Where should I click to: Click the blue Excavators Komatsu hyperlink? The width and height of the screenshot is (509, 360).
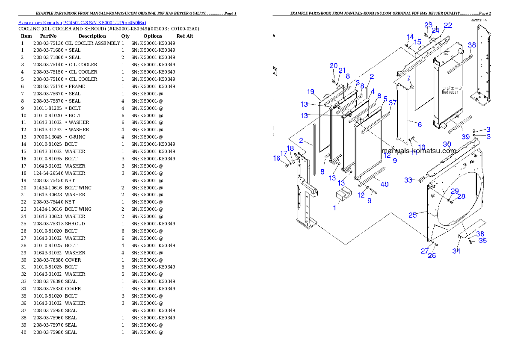82,23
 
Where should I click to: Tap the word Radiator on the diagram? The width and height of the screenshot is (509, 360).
450,92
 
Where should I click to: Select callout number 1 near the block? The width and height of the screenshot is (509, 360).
335,208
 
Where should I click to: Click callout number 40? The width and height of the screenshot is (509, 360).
385,184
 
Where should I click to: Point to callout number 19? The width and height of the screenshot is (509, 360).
311,91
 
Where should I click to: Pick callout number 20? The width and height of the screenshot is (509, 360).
333,65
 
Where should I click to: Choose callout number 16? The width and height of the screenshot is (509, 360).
277,158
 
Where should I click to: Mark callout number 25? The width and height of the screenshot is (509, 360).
412,215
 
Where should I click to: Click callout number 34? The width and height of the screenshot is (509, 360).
456,251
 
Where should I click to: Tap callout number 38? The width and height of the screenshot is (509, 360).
471,45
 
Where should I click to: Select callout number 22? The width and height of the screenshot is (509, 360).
447,26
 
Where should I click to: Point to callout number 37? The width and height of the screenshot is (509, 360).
393,103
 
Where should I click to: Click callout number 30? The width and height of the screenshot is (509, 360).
447,144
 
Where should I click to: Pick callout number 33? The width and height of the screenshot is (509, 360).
408,180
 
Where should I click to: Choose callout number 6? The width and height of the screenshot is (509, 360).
420,124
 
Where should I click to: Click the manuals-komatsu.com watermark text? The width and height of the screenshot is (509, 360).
419,151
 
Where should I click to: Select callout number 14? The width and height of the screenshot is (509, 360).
410,37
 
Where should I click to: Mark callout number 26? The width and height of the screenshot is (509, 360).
432,256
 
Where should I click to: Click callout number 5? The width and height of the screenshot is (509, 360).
385,99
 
